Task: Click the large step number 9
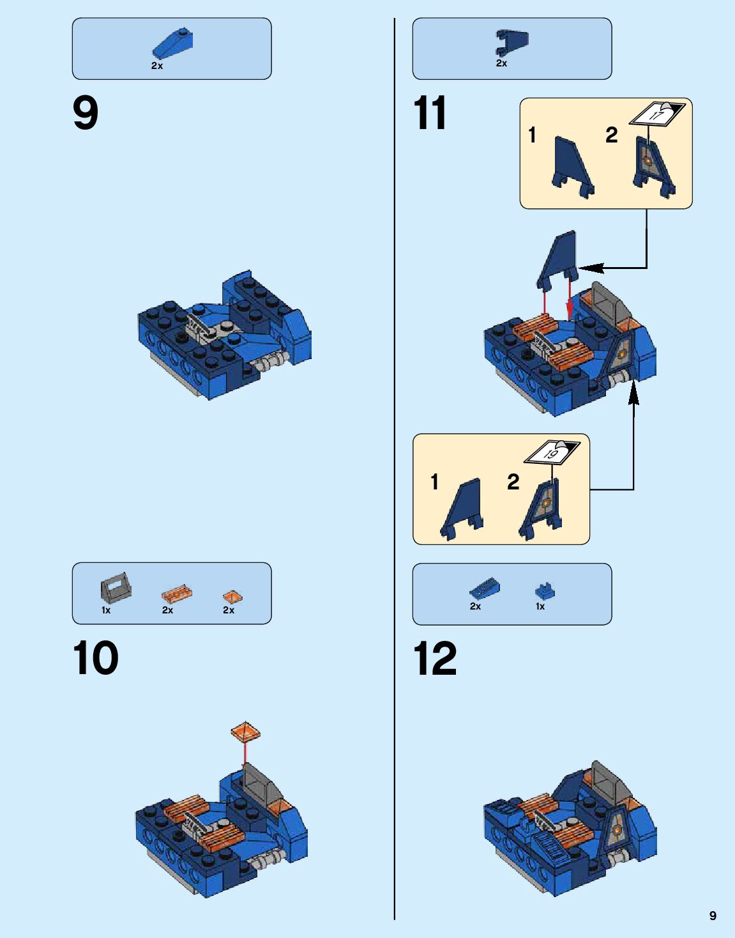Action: tap(86, 113)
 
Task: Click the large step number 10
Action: tap(95, 658)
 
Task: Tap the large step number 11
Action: tap(430, 113)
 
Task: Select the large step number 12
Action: tap(435, 658)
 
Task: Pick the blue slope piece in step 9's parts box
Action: tap(172, 43)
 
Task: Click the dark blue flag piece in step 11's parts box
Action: tap(512, 43)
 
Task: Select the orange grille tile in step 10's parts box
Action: tap(177, 595)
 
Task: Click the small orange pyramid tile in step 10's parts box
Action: tap(232, 597)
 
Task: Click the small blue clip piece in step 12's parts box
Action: tap(545, 591)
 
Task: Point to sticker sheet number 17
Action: tap(656, 114)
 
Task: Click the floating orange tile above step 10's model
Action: tap(245, 733)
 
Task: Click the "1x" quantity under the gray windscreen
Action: tap(106, 610)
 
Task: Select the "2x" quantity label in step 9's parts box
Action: tap(157, 66)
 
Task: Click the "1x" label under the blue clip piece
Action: tap(540, 606)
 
